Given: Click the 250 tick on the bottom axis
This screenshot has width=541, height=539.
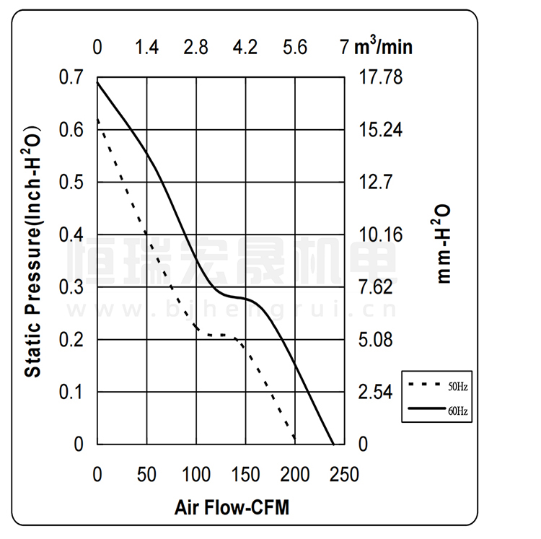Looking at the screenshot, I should (343, 474).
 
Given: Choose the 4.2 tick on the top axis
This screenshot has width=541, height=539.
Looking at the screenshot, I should (245, 48).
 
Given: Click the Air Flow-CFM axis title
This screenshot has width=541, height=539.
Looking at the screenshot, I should (231, 507).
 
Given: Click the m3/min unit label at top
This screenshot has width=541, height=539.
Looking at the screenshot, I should (383, 47).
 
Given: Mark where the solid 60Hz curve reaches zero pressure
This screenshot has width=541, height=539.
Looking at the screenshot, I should (333, 444).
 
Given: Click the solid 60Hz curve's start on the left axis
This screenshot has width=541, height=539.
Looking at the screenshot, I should (98, 83).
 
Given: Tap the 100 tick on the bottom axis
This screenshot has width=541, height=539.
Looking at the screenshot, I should (196, 474).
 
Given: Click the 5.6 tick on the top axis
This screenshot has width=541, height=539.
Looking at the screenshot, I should (294, 48).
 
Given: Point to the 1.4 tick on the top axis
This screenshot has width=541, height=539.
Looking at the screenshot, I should (146, 48).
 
